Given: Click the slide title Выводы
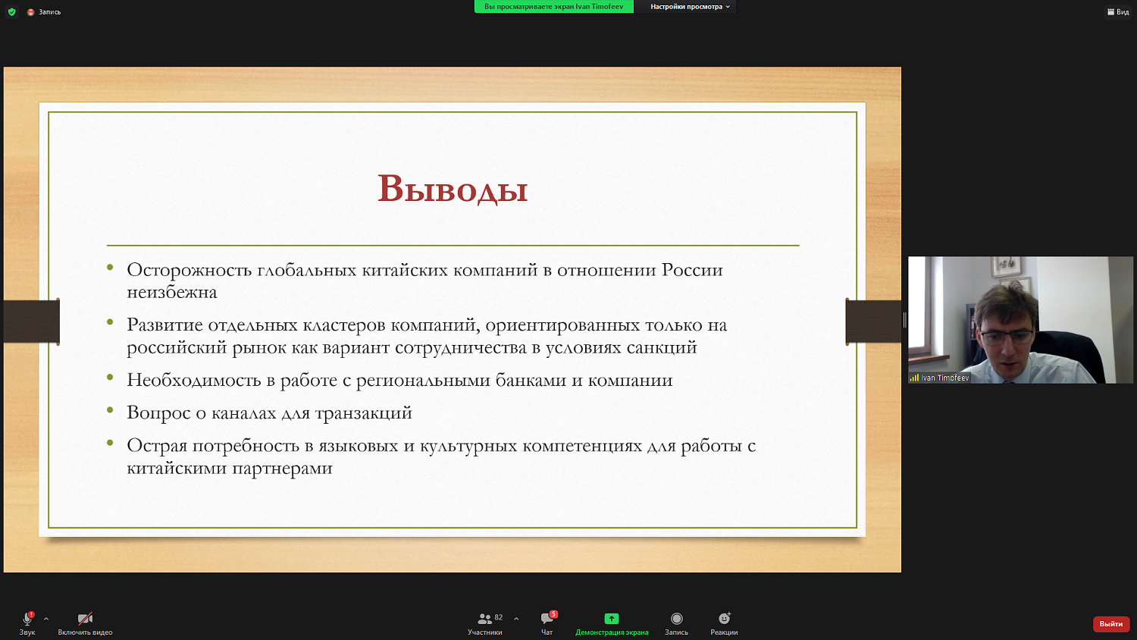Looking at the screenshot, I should [x=453, y=189].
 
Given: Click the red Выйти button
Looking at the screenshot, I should [x=1110, y=624].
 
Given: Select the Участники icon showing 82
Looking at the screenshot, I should [x=485, y=619].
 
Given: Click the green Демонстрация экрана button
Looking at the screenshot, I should [x=612, y=619].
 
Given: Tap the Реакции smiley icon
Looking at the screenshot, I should [x=724, y=619].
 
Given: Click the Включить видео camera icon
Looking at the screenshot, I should [x=85, y=619].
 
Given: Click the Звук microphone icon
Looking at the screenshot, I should [x=27, y=619].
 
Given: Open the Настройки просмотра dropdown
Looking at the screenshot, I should [x=689, y=7].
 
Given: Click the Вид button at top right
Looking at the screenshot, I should [x=1118, y=12].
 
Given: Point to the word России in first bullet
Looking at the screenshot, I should [x=692, y=270].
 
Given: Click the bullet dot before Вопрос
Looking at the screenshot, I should [x=110, y=410].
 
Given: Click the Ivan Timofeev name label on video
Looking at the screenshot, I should [x=944, y=378].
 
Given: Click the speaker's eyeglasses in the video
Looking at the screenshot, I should [x=1007, y=336].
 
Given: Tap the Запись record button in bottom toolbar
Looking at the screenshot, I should [x=676, y=619].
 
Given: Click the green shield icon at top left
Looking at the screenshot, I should [x=11, y=12].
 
